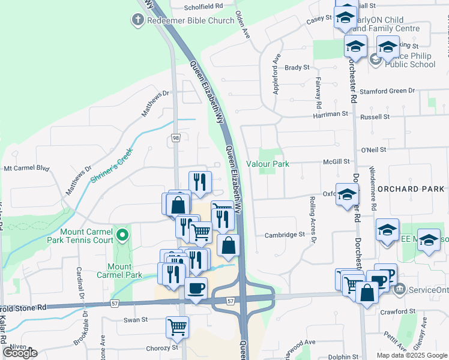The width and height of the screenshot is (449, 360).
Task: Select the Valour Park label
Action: click(x=268, y=164)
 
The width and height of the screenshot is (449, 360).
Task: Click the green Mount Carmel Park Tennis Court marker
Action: click(x=123, y=234)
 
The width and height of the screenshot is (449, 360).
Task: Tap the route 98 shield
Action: click(x=175, y=138)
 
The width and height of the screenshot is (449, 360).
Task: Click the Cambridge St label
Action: click(x=285, y=235)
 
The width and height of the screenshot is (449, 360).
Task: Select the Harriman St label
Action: click(x=331, y=113)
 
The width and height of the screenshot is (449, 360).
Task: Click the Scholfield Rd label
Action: click(x=203, y=6)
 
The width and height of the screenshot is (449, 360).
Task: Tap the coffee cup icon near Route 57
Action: click(x=196, y=288)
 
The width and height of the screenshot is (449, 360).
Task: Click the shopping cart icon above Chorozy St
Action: click(x=178, y=327)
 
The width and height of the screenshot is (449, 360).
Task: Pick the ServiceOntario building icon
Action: click(x=399, y=289)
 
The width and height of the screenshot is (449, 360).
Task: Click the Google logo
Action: click(x=20, y=353)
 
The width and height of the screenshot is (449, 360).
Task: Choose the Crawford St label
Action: click(x=402, y=311)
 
